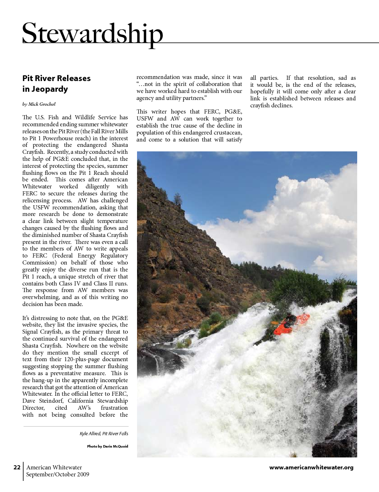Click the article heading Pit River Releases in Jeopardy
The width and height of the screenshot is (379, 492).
coord(56,84)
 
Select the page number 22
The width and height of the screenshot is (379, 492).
coord(17,467)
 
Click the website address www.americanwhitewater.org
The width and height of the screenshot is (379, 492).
coord(311,467)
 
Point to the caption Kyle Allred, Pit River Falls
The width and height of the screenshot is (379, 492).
coord(104,434)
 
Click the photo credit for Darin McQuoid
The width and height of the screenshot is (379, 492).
coord(107,446)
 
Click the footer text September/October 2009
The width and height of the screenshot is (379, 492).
coord(58,474)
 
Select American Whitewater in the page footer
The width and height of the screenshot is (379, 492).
coord(54,467)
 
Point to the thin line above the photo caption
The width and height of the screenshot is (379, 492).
coord(76,426)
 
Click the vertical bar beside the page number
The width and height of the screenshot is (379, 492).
coord(23,471)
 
